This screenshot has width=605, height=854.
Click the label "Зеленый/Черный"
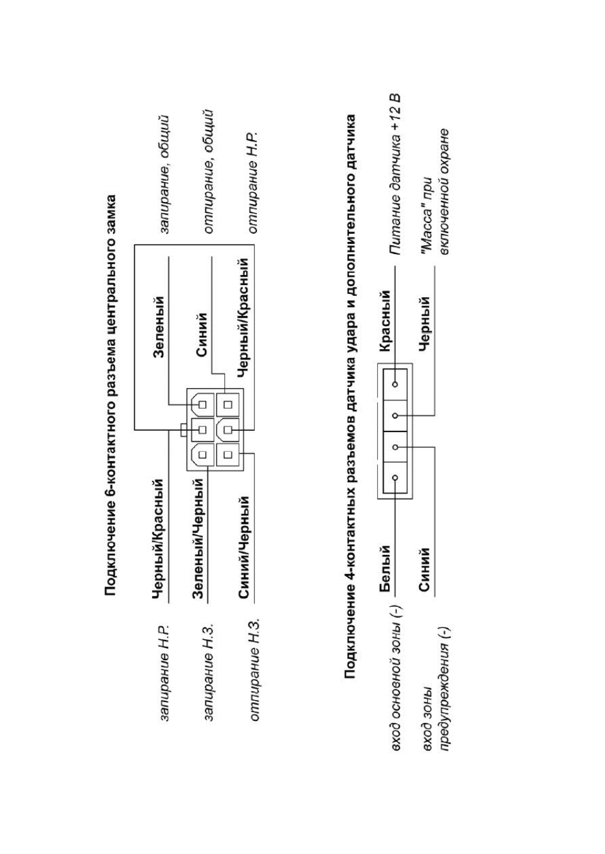199,539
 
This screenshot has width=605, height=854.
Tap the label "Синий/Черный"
244,547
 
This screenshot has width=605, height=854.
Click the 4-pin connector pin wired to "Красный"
395,384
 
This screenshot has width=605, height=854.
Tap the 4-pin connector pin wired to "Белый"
395,478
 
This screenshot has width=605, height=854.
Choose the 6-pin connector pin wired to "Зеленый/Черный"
202,454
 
